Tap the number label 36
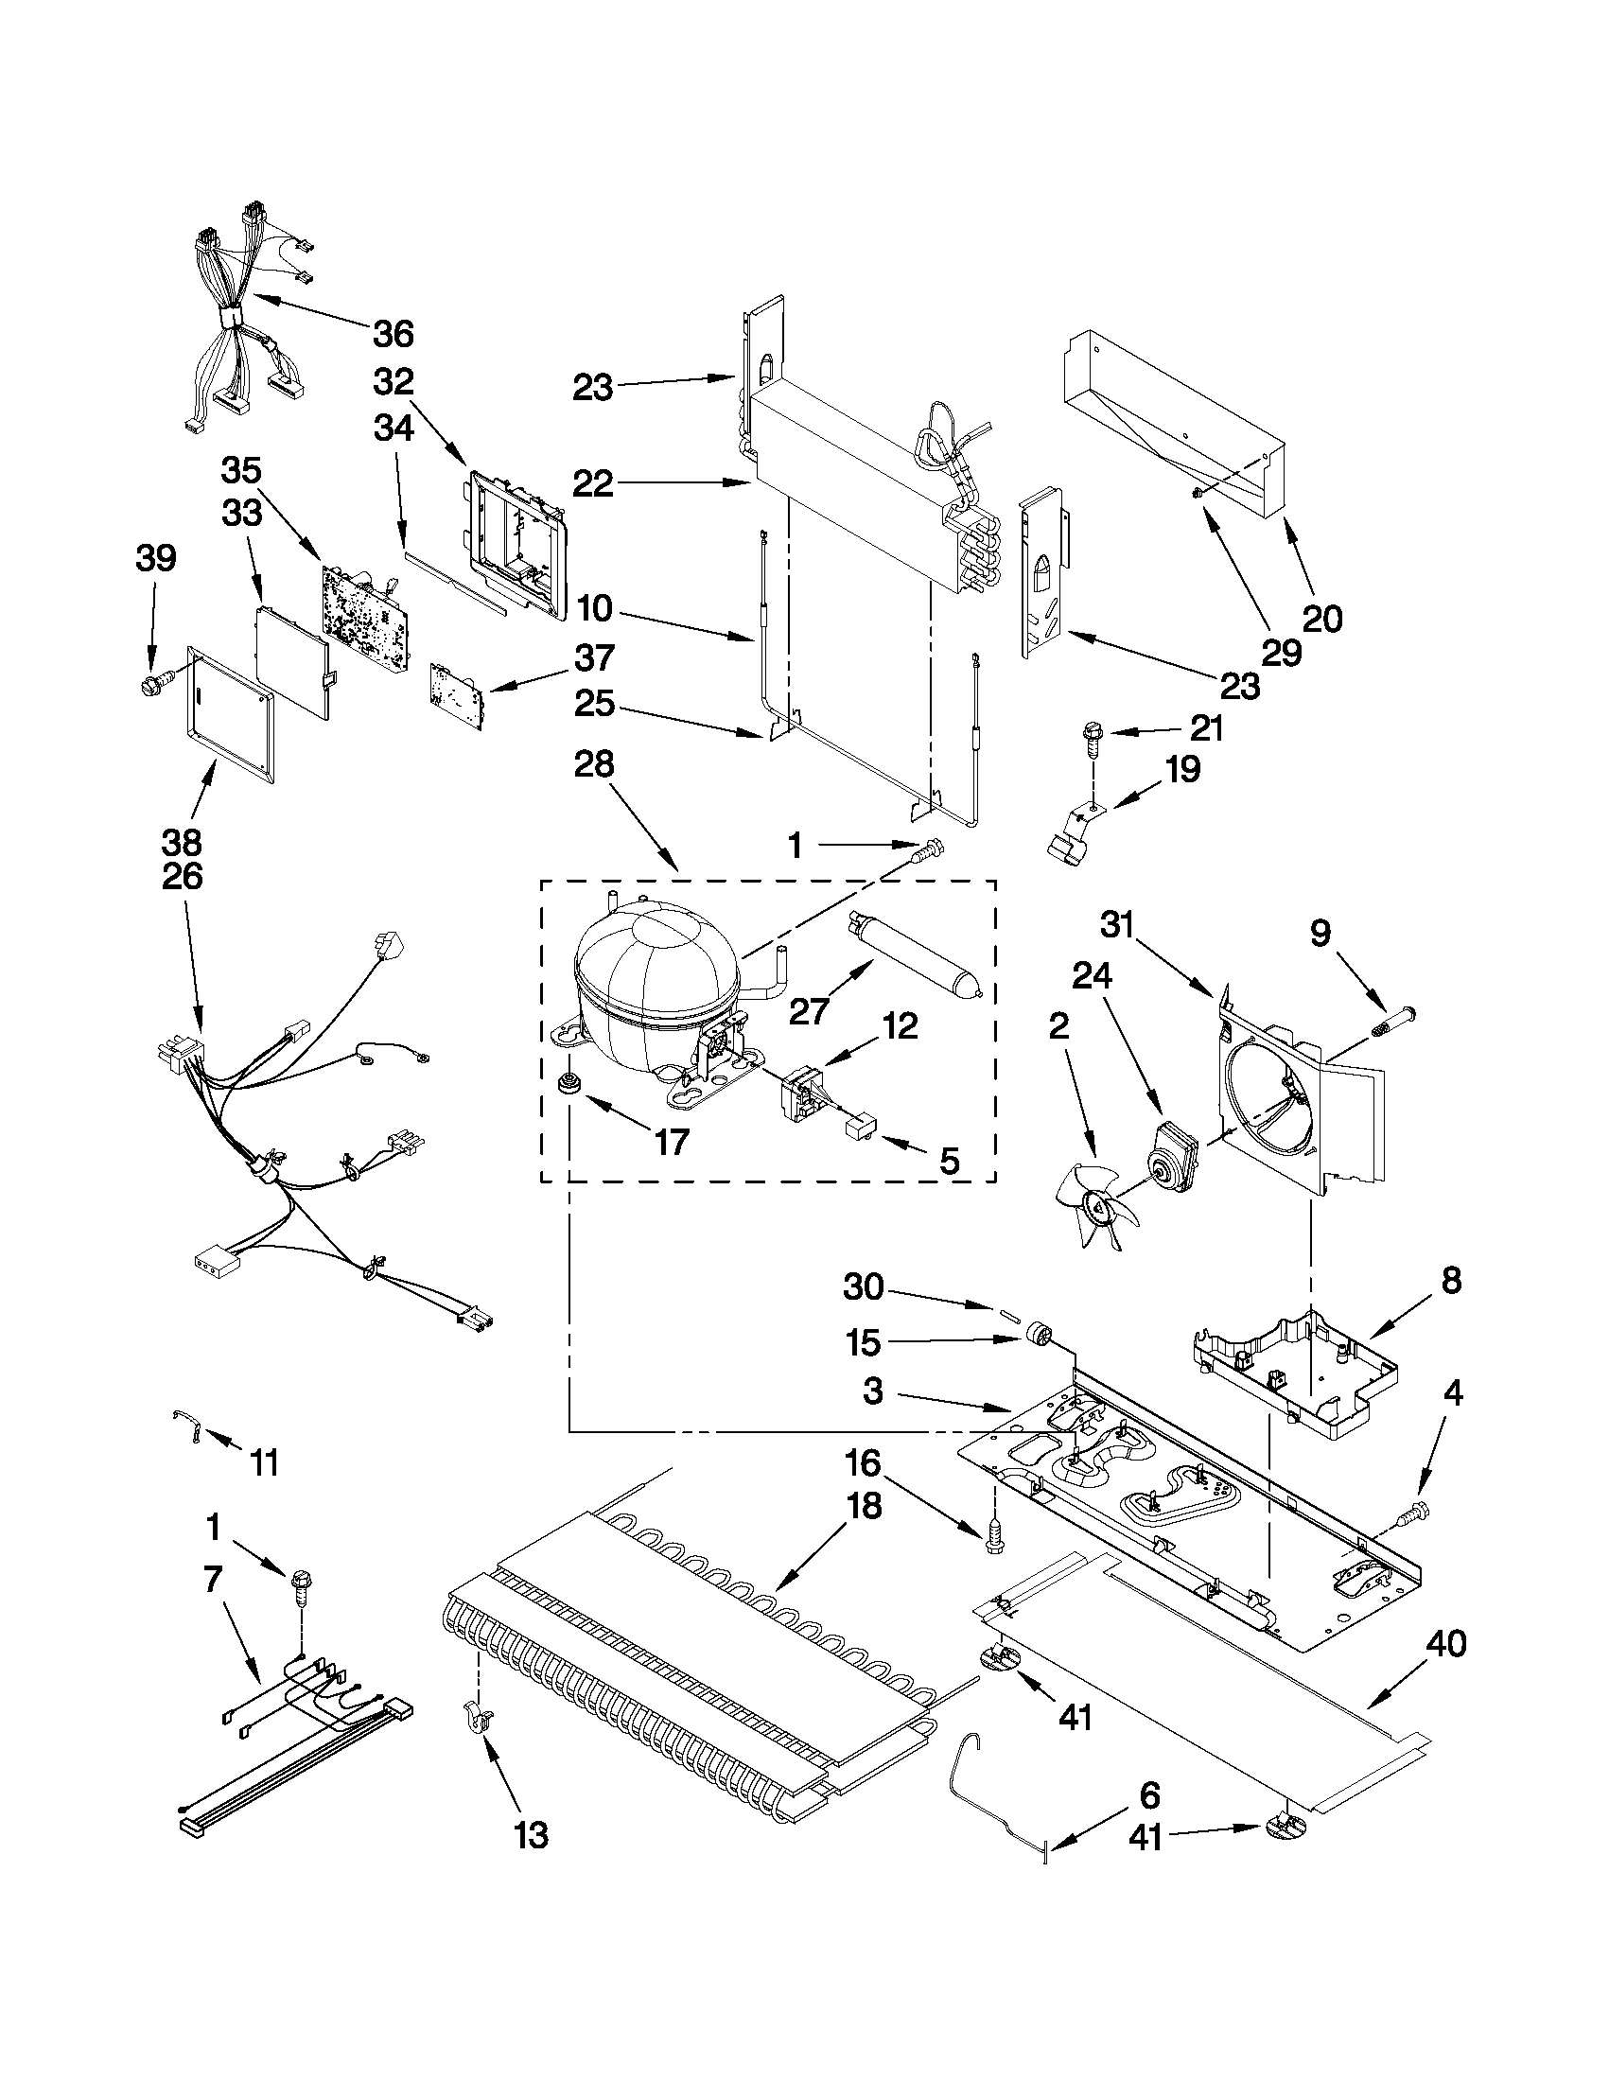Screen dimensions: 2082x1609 click(x=393, y=334)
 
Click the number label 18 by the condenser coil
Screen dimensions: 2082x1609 click(x=861, y=1506)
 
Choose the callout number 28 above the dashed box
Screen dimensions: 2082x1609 click(x=593, y=764)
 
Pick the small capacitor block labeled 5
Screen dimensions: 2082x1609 click(x=861, y=1129)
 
